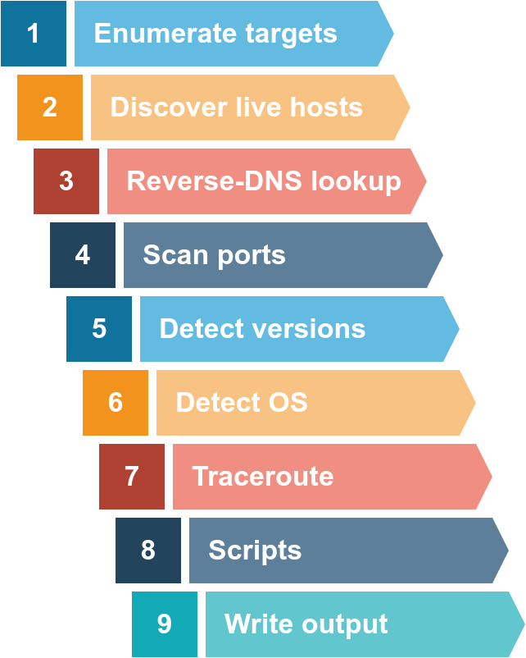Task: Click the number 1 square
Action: pos(34,34)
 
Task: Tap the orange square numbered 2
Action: pos(50,107)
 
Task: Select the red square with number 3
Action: pos(66,181)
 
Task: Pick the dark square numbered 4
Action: pos(83,255)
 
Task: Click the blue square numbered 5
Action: pos(99,329)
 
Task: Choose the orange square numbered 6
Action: pos(116,403)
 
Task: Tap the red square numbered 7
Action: pos(132,477)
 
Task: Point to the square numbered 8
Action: pos(148,551)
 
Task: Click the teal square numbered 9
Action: pos(165,624)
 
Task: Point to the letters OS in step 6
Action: pos(285,403)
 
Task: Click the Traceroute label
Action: pos(262,477)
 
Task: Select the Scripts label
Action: pos(255,551)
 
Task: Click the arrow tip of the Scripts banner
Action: pos(502,551)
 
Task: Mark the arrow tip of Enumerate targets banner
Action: pos(388,34)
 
